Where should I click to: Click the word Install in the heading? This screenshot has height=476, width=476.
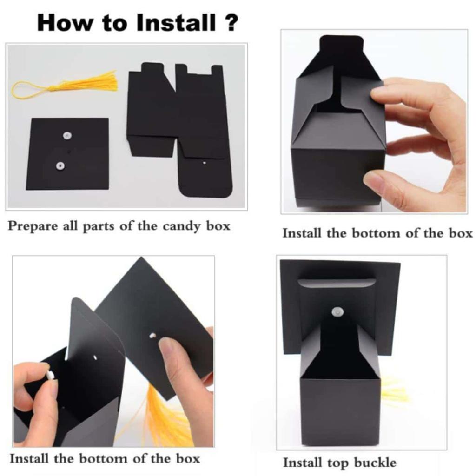tap(176, 22)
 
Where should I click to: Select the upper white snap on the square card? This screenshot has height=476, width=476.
tap(67, 136)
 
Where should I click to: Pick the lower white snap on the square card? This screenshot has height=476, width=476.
tap(60, 166)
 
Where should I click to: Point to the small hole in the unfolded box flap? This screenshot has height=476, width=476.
tap(205, 163)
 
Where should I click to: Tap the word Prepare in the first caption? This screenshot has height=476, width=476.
tap(33, 227)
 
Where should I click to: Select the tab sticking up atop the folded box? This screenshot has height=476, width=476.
tap(342, 46)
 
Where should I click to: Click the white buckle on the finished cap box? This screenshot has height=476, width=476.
tap(337, 311)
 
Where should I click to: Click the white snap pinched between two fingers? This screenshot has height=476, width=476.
tap(50, 375)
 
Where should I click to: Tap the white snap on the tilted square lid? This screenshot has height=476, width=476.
tap(152, 336)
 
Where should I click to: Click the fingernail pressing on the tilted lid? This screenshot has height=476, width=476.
tap(166, 346)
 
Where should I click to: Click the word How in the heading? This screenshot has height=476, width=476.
tap(64, 22)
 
